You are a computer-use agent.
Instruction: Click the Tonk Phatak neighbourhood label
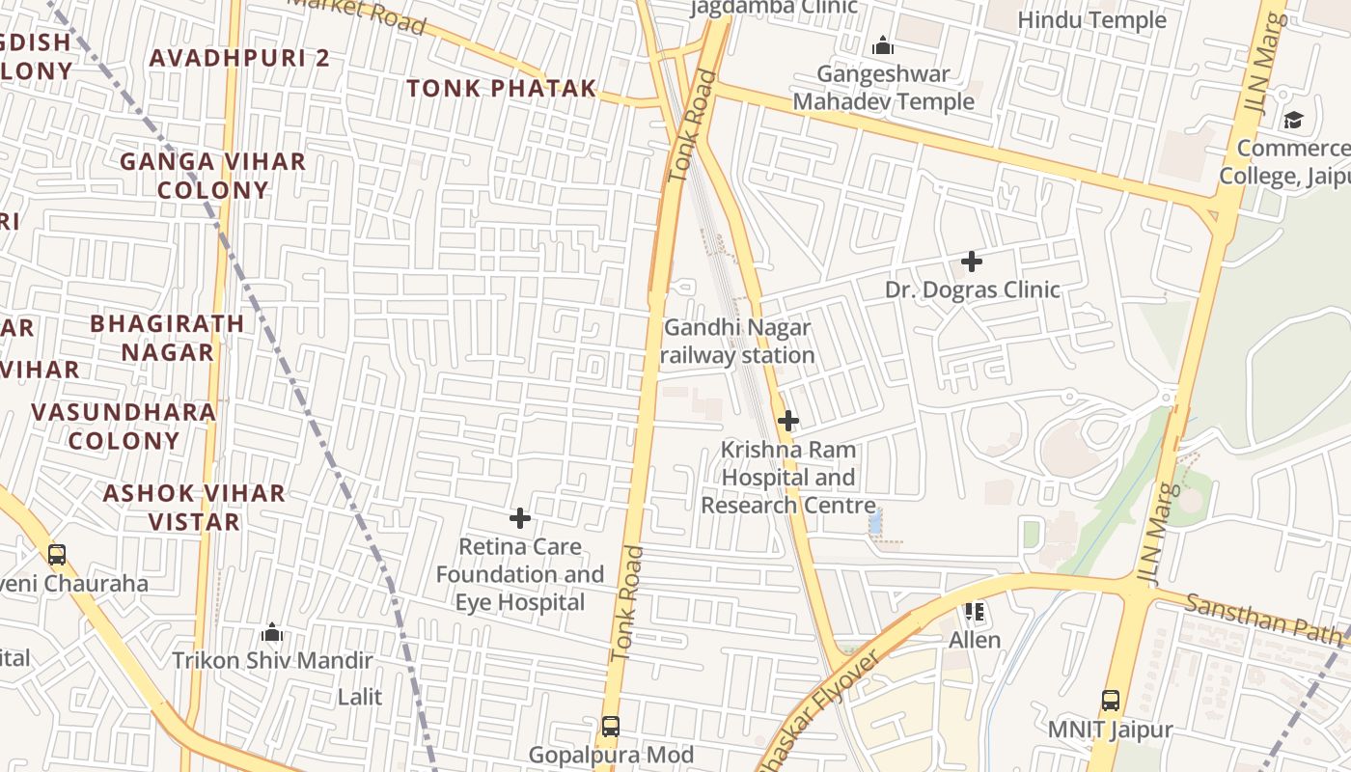[501, 89]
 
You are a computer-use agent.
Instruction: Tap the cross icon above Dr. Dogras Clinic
[972, 262]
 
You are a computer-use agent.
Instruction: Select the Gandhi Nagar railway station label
[737, 342]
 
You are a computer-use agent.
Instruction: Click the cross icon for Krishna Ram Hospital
[788, 421]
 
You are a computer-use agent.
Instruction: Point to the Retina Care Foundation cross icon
[520, 519]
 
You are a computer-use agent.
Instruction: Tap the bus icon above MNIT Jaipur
[1111, 701]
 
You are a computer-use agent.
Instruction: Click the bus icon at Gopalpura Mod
[610, 727]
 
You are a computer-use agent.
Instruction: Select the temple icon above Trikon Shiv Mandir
[272, 633]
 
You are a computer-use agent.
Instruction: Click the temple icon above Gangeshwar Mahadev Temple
[882, 45]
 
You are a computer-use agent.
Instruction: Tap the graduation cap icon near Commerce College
[1293, 120]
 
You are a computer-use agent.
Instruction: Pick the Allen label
[975, 640]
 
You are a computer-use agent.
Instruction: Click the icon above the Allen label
[975, 612]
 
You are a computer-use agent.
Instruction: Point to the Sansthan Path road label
[1262, 620]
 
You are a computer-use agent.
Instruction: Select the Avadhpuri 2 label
[239, 58]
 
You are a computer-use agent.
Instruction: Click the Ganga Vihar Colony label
[212, 176]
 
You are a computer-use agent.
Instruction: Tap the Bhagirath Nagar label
[167, 338]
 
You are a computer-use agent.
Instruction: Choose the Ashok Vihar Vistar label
[194, 508]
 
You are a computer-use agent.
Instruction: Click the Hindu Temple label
[1091, 19]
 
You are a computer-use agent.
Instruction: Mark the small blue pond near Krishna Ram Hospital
[875, 524]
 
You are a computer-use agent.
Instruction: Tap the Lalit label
[359, 697]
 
